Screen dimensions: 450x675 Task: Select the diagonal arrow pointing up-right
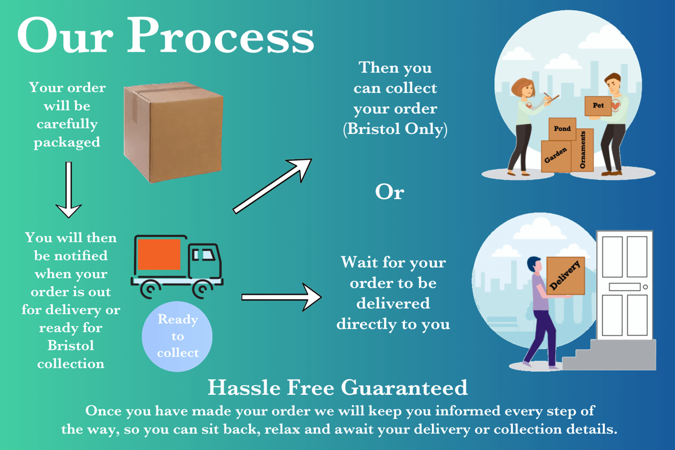[273, 185]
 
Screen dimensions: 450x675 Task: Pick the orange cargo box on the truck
[159, 254]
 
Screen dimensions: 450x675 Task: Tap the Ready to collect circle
[178, 336]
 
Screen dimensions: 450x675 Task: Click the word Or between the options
[390, 192]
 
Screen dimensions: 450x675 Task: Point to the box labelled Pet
[598, 106]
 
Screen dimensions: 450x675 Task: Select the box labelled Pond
[562, 130]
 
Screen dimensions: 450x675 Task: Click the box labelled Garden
[555, 156]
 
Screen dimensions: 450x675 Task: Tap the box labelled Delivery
[566, 276]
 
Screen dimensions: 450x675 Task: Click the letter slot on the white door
[624, 287]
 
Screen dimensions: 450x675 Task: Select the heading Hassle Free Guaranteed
[337, 388]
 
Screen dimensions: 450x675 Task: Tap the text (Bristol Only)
[395, 129]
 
